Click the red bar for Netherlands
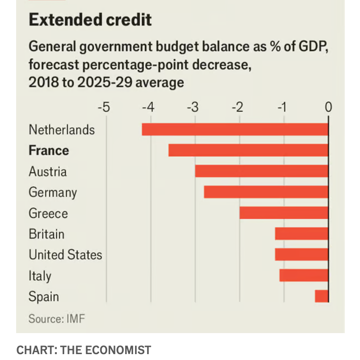235,130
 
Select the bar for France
248,150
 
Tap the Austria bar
261,171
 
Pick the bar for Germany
266,192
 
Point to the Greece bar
284,213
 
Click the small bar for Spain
321,296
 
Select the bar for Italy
304,275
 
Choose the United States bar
301,254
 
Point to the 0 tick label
328,107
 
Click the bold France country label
48,150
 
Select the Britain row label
46,234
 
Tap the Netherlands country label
62,130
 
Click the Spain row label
44,296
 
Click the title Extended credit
90,20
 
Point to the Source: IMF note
57,319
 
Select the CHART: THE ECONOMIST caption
84,350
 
